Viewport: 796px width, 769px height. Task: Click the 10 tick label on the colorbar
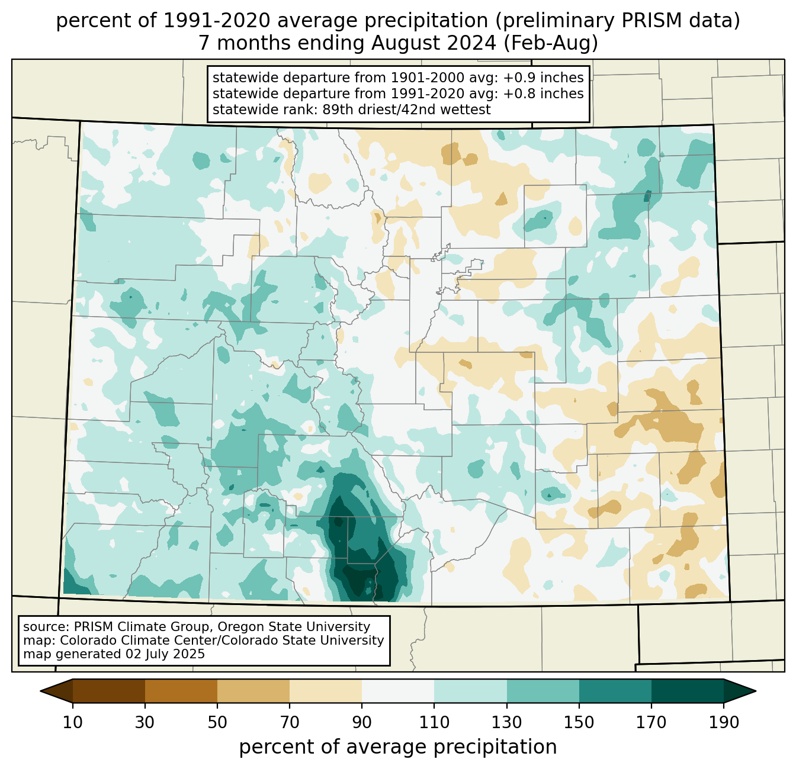point(73,723)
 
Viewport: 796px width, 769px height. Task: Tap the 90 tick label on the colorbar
point(362,723)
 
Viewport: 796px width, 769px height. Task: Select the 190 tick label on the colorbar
point(723,723)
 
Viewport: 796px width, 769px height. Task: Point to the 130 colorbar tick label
point(507,723)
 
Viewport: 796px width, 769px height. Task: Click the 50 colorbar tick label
point(217,723)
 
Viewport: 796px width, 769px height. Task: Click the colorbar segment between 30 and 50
point(181,691)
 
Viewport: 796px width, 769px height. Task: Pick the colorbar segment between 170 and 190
point(687,691)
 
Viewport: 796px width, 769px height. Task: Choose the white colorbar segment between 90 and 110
point(398,691)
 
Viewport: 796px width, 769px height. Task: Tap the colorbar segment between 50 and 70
point(253,691)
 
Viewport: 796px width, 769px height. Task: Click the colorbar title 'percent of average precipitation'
point(398,747)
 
